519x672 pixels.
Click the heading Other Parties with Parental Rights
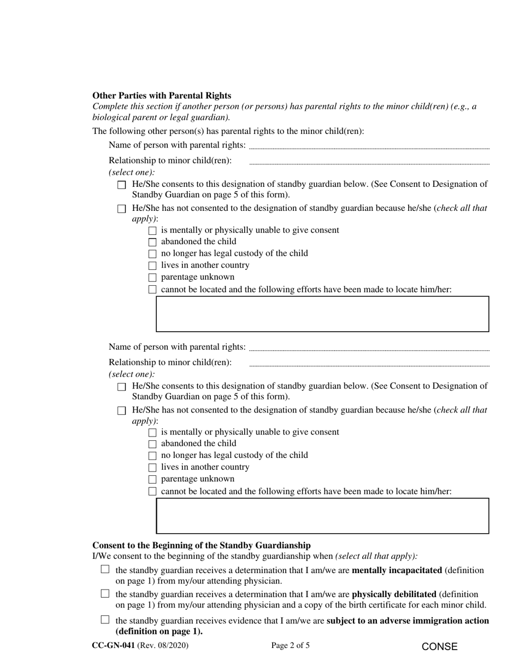[x=162, y=95]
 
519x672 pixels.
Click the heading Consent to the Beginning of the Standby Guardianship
[x=202, y=545]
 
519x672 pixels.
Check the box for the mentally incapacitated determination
[x=105, y=570]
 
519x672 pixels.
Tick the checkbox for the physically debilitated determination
[x=105, y=594]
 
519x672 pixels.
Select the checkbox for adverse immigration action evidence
[x=105, y=620]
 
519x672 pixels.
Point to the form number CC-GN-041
[x=114, y=646]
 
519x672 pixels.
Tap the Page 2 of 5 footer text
[x=291, y=646]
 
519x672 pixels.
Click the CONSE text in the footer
[x=440, y=647]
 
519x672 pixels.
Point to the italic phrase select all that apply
[x=376, y=556]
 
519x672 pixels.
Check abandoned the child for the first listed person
[x=152, y=242]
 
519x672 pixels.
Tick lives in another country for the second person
[x=152, y=468]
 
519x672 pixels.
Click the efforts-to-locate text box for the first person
[x=322, y=314]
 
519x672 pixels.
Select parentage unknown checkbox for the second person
[x=152, y=480]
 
